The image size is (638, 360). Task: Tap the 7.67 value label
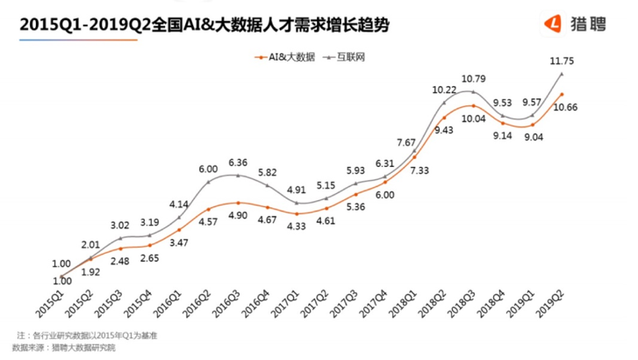(x=406, y=141)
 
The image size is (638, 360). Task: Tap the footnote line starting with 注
(x=88, y=335)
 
